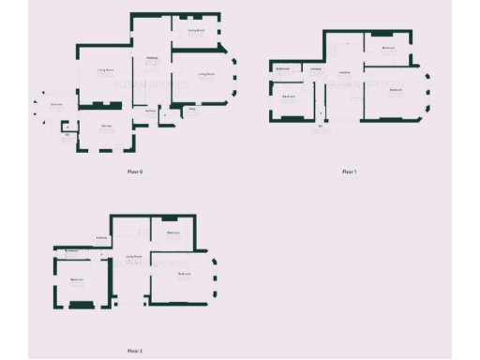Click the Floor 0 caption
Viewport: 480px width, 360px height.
[135, 172]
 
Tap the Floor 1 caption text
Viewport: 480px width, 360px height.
[350, 172]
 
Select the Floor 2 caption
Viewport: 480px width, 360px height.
[135, 350]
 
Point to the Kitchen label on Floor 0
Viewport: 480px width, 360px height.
[107, 126]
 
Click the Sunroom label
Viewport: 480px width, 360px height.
[57, 104]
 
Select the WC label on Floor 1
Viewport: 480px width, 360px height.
[321, 126]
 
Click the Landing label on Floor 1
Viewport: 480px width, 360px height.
[344, 72]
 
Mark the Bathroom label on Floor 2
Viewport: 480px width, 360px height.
[71, 250]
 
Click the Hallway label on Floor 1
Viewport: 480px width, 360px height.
[316, 70]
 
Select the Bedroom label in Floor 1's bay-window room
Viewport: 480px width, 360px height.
[396, 90]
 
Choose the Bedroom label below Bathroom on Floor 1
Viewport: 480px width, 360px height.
[290, 96]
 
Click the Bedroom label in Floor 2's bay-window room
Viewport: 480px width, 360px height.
[185, 274]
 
